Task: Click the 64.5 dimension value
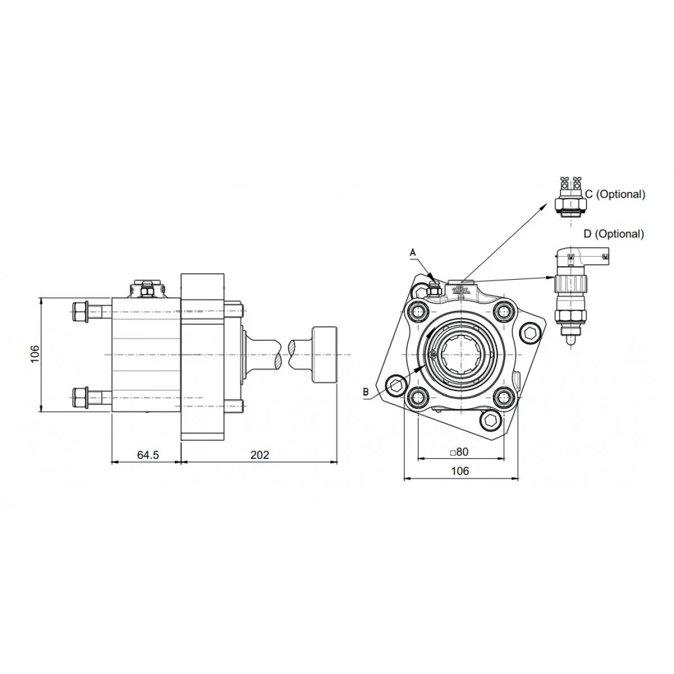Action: click(x=148, y=455)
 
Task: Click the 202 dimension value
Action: click(x=260, y=455)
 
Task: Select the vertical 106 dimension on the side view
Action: click(x=35, y=354)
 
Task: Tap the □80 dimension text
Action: click(x=459, y=452)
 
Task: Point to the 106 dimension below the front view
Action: click(x=460, y=471)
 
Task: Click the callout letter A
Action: click(x=413, y=252)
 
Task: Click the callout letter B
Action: click(x=366, y=391)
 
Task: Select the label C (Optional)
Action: click(x=615, y=194)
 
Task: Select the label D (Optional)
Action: click(x=614, y=234)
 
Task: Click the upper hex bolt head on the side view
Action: click(x=80, y=311)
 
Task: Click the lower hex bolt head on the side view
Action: click(x=80, y=398)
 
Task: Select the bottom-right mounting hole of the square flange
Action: click(x=504, y=397)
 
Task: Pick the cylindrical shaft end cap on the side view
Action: click(x=325, y=354)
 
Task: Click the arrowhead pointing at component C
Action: click(x=545, y=206)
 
